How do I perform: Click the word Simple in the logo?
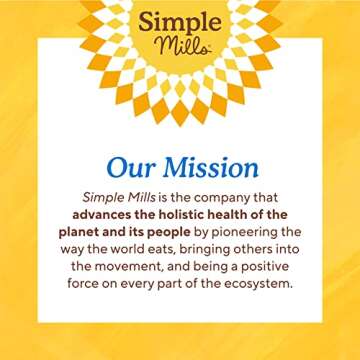(x=180, y=23)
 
